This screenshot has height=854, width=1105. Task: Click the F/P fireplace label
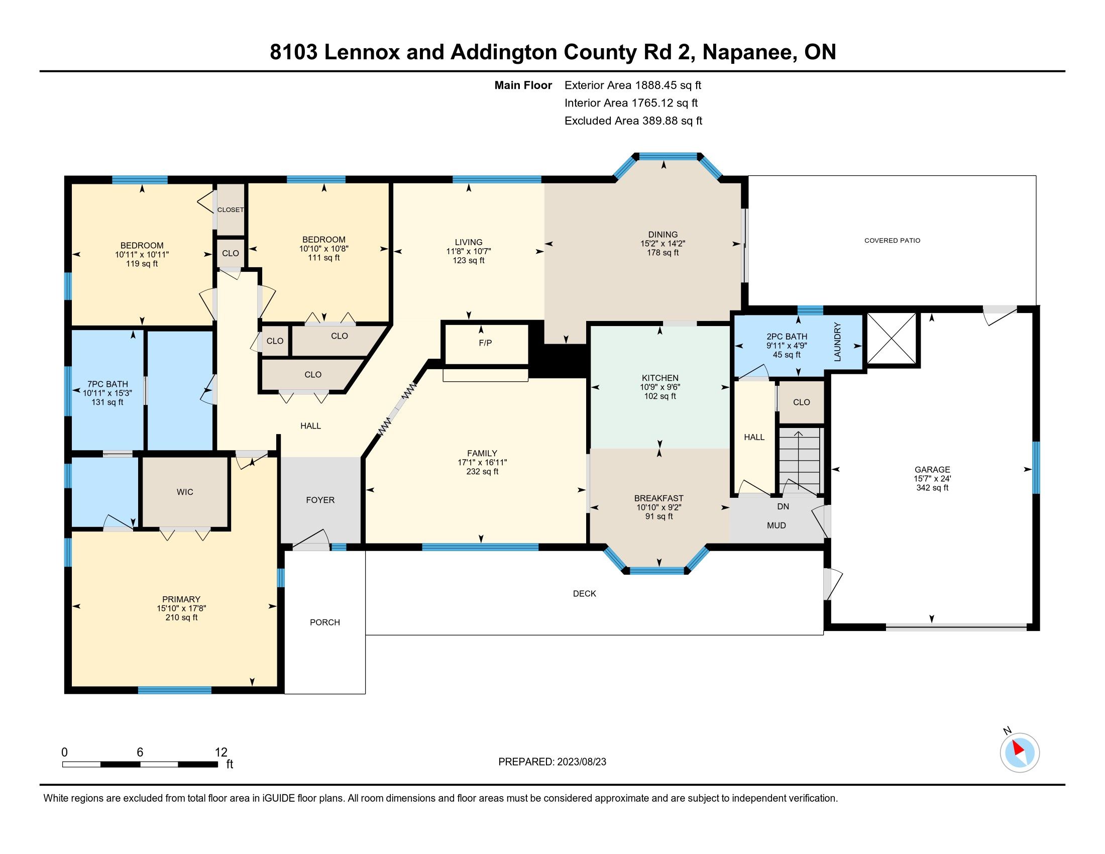point(485,343)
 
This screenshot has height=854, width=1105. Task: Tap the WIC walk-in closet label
point(185,492)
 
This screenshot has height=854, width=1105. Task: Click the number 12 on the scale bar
point(221,753)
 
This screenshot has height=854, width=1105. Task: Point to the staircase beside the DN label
point(799,461)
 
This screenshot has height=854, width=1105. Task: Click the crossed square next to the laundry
point(892,339)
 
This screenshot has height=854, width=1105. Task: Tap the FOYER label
point(320,500)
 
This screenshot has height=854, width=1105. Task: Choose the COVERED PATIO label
point(892,240)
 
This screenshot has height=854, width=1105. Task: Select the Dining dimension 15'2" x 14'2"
point(663,243)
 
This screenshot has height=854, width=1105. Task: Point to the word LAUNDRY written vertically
point(837,342)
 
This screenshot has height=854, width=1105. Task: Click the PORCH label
point(325,622)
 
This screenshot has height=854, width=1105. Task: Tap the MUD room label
point(776,525)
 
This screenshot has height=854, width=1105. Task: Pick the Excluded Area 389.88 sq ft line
point(633,121)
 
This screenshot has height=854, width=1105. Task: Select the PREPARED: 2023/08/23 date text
point(552,762)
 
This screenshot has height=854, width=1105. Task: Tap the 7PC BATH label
point(107,384)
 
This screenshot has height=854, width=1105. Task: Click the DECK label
point(584,593)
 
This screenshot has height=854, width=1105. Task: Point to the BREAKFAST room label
point(659,498)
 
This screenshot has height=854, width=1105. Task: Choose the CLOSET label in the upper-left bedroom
point(230,210)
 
